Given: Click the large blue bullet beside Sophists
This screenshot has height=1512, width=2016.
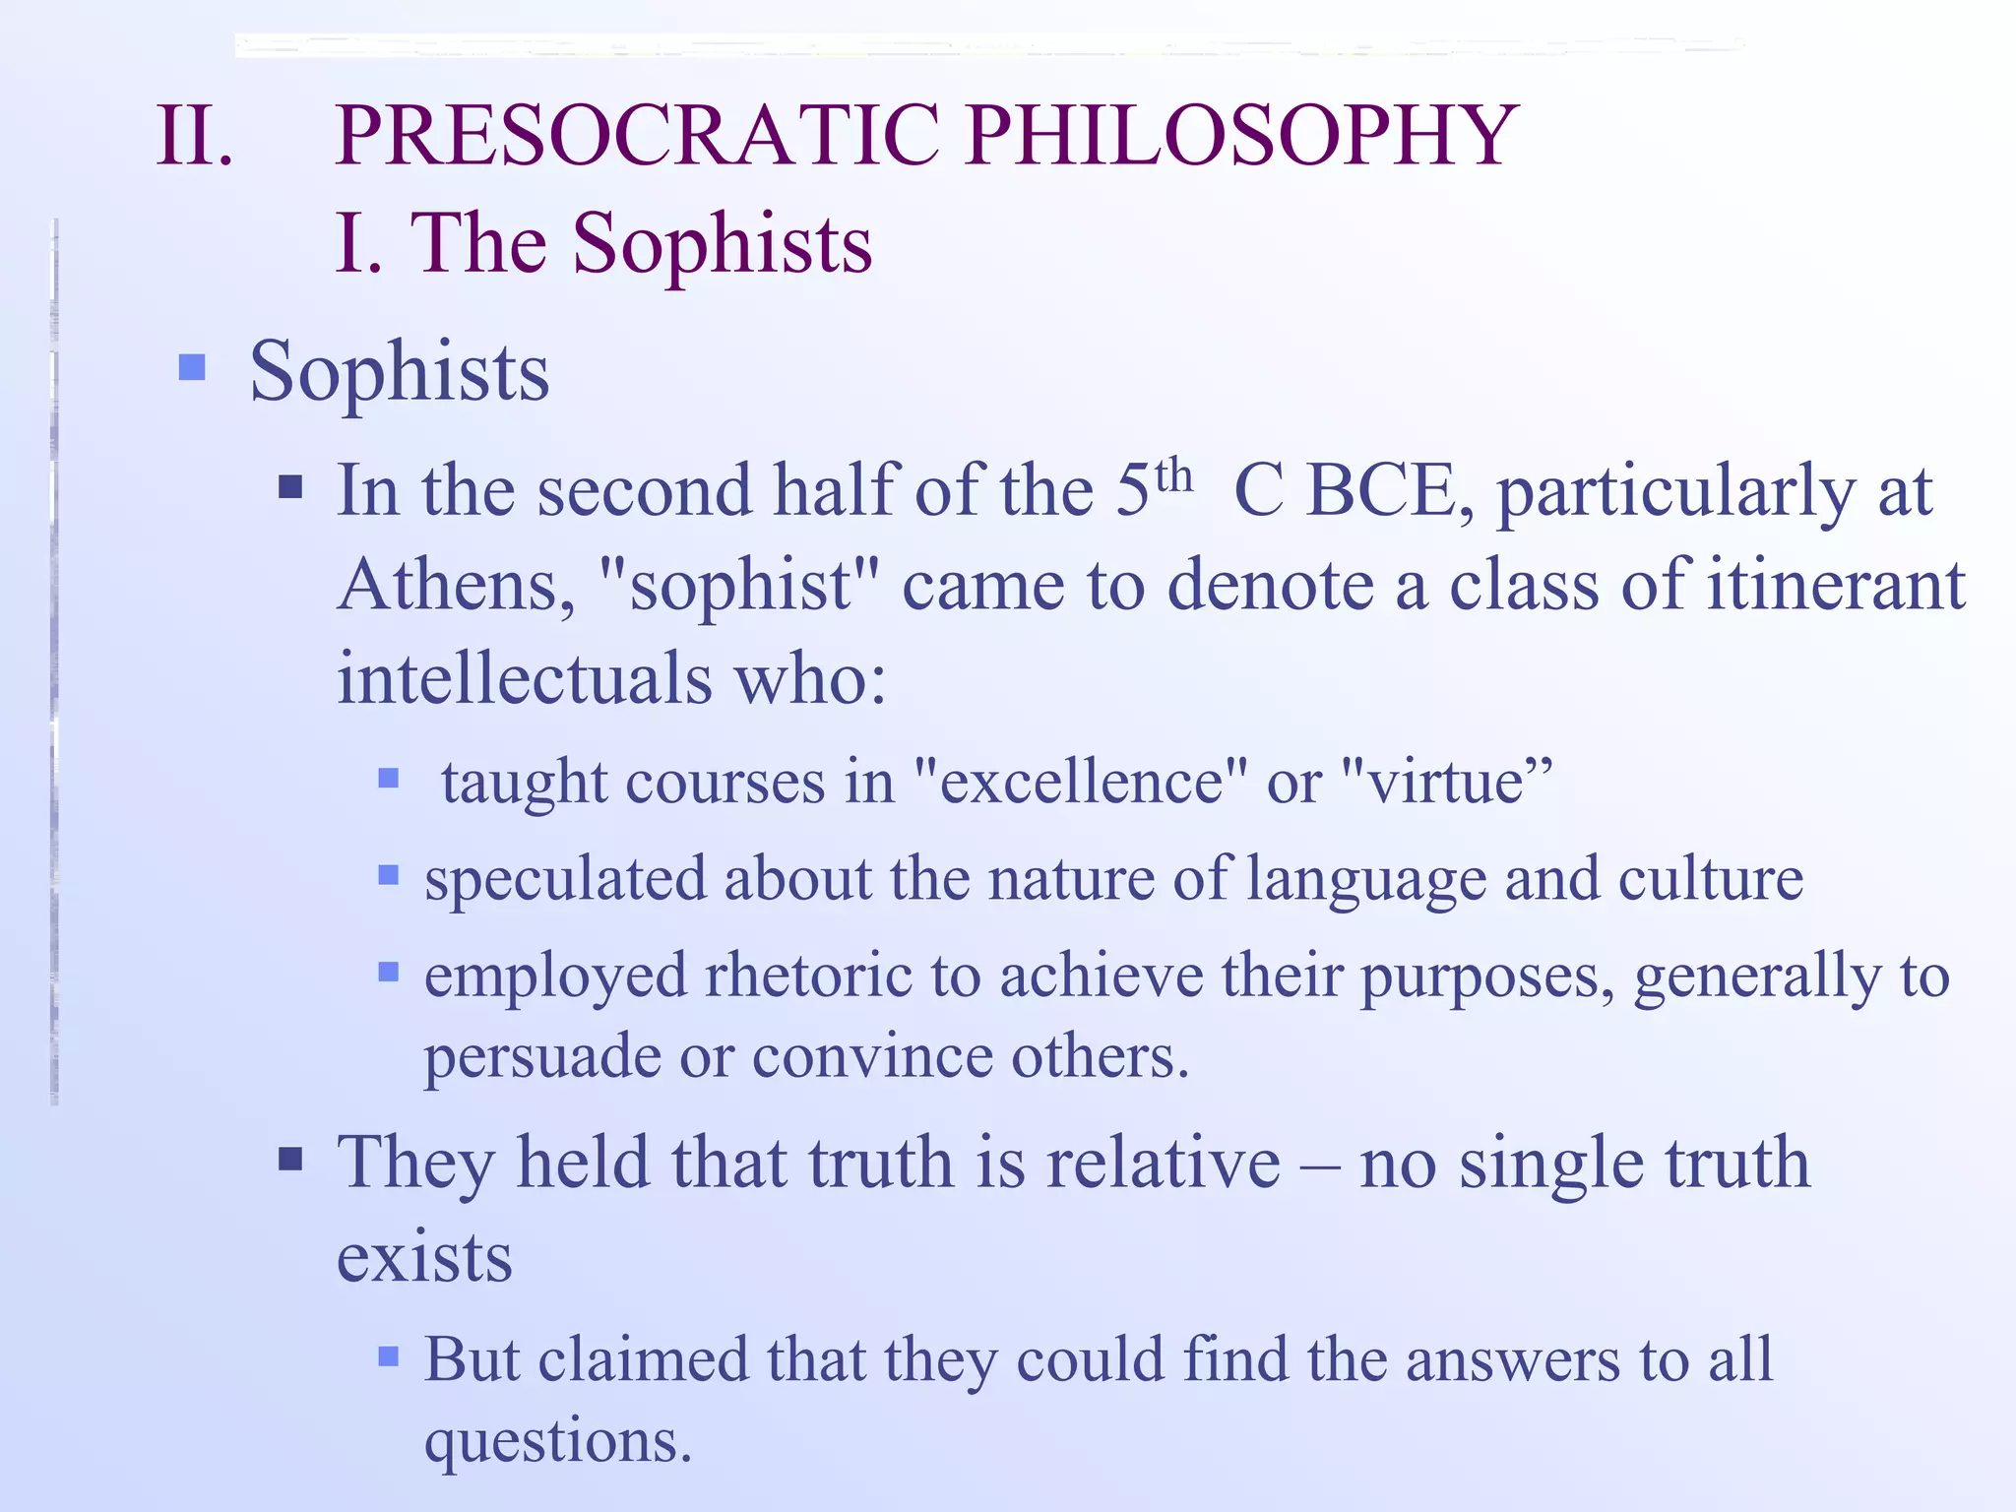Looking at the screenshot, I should click(x=192, y=368).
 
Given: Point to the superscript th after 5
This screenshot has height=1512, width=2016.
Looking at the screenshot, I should click(x=1173, y=476).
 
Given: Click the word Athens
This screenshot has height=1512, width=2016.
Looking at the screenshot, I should click(x=456, y=585).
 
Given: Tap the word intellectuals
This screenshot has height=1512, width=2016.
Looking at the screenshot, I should click(x=525, y=678).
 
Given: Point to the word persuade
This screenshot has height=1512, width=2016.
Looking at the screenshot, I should click(x=541, y=1057).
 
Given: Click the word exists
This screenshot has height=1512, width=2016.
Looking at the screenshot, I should click(x=424, y=1257).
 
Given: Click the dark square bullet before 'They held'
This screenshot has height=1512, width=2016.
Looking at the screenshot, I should click(x=290, y=1161).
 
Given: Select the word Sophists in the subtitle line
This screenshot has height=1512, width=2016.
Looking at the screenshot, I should click(x=723, y=243).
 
